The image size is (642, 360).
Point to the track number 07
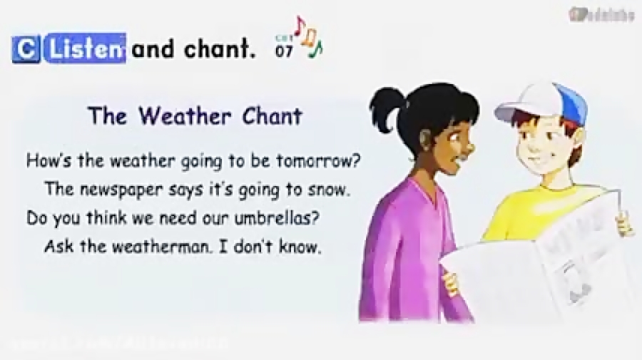283,51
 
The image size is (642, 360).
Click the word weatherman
168,247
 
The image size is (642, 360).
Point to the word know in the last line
302,247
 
